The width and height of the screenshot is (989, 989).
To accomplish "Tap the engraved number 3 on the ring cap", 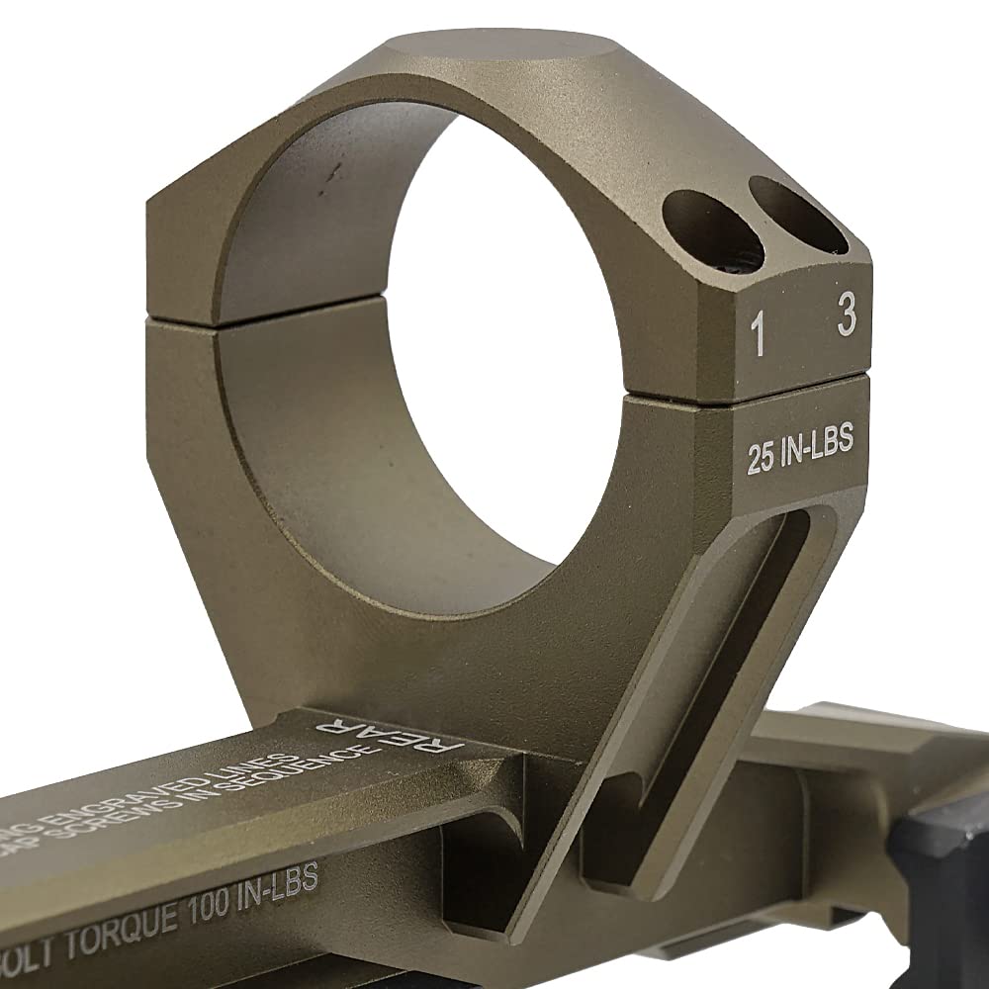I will [846, 316].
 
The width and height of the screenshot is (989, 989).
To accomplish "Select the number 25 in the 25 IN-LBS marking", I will [761, 461].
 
